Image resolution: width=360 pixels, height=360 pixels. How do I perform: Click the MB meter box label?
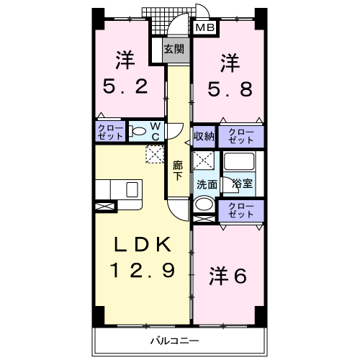(205, 28)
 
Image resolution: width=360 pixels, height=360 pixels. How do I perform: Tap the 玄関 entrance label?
(172, 50)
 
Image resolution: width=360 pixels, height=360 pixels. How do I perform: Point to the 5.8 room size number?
(230, 88)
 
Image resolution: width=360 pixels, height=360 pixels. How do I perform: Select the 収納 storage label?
(204, 136)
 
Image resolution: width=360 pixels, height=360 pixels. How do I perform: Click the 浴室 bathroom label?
(242, 183)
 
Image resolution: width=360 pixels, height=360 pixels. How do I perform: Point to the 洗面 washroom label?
(208, 183)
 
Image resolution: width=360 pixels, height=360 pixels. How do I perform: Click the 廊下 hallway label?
(178, 171)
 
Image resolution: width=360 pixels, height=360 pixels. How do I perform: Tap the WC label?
(155, 132)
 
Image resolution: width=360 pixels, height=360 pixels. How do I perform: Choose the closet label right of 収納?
(240, 136)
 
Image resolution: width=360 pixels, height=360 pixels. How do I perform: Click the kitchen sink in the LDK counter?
(132, 190)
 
